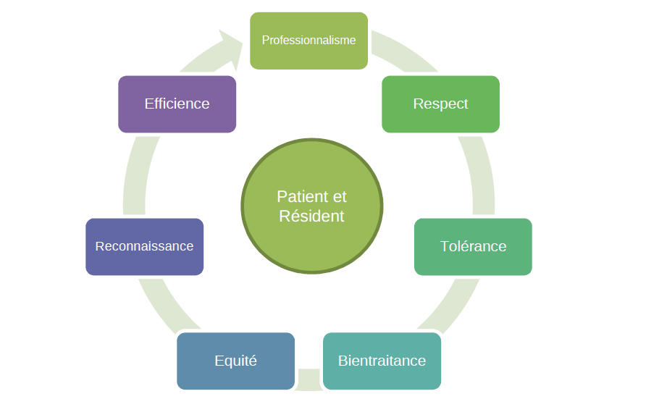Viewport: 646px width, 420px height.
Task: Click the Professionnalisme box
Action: point(309,41)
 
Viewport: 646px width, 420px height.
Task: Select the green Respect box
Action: point(440,104)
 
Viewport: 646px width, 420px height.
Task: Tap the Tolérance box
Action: point(473,247)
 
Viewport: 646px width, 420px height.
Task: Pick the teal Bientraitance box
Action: point(382,361)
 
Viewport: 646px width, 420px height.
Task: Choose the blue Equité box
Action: point(235,361)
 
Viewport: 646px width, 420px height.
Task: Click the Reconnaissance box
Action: point(145,247)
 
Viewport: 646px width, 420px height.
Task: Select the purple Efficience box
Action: point(177,104)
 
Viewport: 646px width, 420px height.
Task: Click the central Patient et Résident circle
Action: point(312,206)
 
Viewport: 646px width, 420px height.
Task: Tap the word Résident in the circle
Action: point(311,216)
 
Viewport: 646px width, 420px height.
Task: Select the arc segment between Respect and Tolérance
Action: point(480,175)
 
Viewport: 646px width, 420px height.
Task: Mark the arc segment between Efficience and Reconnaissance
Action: point(136,175)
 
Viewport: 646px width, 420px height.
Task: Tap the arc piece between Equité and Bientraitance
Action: point(309,379)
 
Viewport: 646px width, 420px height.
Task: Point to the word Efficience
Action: point(177,104)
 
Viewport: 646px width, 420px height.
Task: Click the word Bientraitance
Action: point(382,361)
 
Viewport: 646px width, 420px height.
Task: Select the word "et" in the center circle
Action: point(340,197)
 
